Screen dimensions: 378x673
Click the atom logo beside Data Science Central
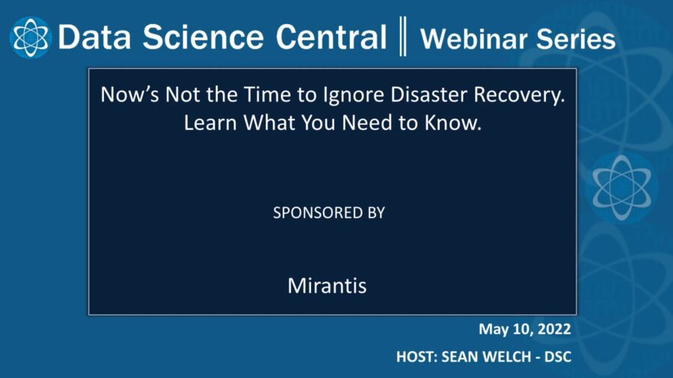coord(29,37)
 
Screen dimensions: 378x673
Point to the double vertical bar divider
coord(403,37)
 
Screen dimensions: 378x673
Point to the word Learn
coord(209,123)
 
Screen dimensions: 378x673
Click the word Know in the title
coord(455,123)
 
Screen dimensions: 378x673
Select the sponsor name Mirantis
coord(327,286)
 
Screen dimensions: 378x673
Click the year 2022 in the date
coord(553,329)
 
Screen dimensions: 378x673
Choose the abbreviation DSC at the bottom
coord(557,357)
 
